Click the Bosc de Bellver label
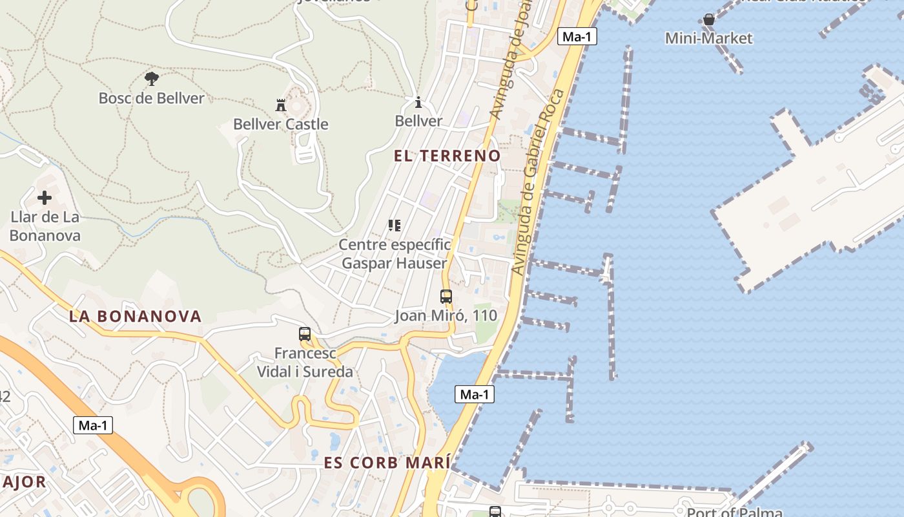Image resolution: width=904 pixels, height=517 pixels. tap(151, 98)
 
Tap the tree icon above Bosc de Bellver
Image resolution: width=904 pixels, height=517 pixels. tap(152, 79)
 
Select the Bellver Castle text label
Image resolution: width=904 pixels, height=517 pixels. tap(281, 124)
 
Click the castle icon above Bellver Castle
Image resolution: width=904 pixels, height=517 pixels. tap(281, 105)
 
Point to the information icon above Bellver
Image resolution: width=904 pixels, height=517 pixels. tap(418, 102)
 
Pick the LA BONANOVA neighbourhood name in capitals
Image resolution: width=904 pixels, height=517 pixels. tap(136, 317)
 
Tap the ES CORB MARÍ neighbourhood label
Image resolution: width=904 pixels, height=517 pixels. tap(387, 463)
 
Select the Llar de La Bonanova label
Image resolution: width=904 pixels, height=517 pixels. tap(45, 226)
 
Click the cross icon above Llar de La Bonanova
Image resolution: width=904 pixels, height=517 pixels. tap(45, 198)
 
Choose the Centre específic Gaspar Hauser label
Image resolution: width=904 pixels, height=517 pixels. tap(395, 254)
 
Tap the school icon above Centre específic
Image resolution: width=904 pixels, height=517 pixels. tap(395, 226)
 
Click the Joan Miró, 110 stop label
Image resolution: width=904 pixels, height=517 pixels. tap(446, 315)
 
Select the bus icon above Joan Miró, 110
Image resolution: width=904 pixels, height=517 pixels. tap(446, 297)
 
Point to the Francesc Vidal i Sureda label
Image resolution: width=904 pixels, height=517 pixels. tap(305, 363)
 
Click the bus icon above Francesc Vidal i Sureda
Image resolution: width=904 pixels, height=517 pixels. tap(305, 334)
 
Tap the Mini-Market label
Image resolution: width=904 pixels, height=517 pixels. tap(709, 38)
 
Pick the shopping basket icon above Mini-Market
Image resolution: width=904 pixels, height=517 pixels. tap(709, 19)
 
